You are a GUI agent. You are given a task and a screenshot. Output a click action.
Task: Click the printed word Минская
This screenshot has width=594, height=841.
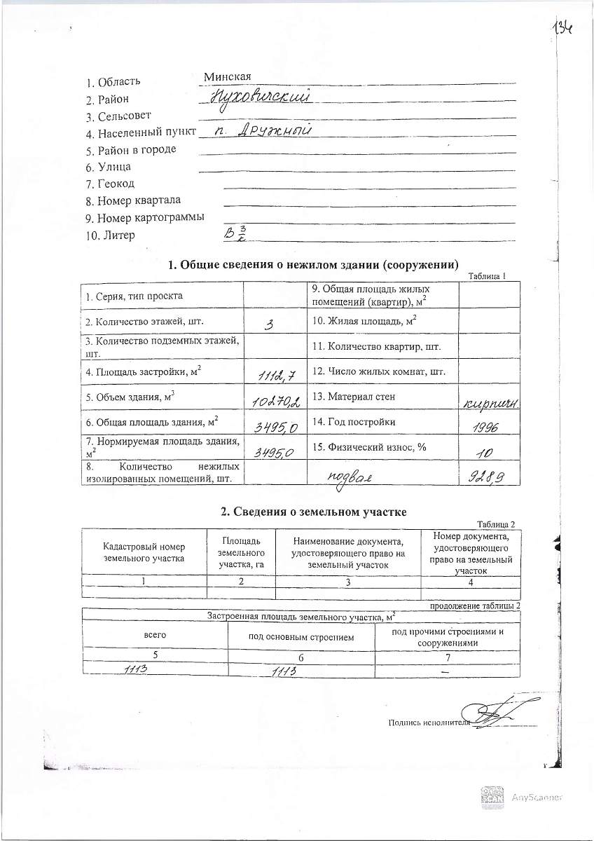(228, 76)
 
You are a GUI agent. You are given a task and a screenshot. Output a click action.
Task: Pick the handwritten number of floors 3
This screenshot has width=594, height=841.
(269, 324)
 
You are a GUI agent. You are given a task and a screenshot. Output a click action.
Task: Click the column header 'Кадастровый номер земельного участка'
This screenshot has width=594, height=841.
(144, 552)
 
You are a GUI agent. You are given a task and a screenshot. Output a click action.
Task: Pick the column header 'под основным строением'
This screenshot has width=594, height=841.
(302, 637)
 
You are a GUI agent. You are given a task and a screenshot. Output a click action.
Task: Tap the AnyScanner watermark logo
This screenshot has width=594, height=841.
(492, 797)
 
